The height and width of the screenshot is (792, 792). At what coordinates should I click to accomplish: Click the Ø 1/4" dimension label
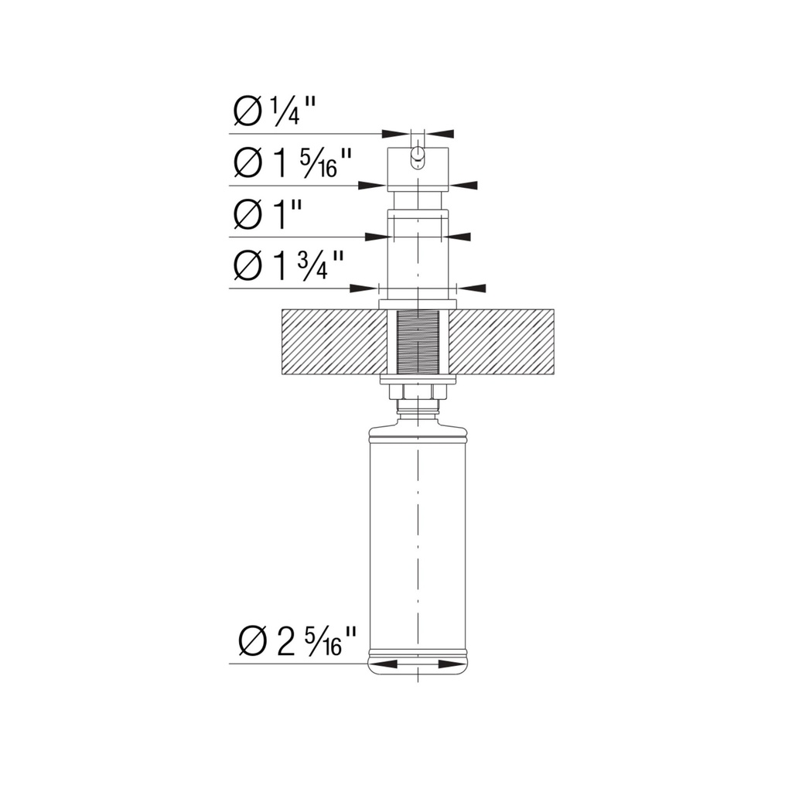pos(275,111)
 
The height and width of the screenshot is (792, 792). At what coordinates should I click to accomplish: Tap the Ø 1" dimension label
pos(268,215)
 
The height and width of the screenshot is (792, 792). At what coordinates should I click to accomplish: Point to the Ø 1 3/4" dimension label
pos(288,266)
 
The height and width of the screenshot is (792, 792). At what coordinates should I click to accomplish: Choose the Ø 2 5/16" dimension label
pos(297,642)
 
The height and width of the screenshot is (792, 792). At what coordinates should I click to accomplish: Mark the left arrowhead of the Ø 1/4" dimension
pos(394,134)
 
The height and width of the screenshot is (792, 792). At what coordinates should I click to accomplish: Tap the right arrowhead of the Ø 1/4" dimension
pos(441,134)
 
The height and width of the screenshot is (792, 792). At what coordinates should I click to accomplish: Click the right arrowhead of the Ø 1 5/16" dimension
pos(463,186)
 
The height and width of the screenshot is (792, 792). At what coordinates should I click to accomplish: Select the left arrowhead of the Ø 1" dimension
pos(377,237)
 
